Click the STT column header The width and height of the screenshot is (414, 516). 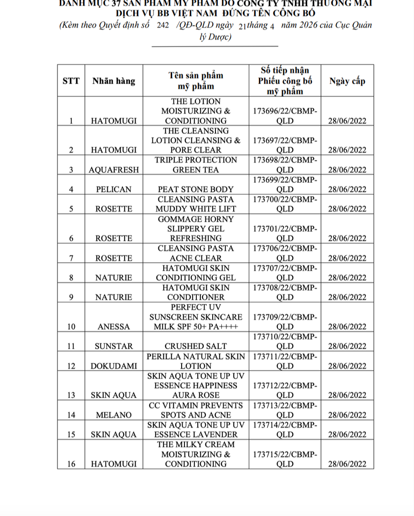click(71, 81)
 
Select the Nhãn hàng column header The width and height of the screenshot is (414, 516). click(114, 81)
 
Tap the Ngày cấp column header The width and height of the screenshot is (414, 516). click(347, 81)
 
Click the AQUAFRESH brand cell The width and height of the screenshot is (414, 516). click(114, 170)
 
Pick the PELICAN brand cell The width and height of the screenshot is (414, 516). click(114, 189)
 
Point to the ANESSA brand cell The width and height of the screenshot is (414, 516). click(114, 327)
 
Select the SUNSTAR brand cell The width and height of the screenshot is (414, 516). click(114, 346)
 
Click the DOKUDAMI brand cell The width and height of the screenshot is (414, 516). click(114, 366)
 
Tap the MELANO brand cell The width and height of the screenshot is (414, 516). click(114, 415)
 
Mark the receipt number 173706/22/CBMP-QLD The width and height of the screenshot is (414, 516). click(285, 253)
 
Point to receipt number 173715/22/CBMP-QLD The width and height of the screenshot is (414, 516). click(285, 459)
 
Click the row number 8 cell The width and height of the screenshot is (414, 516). click(71, 277)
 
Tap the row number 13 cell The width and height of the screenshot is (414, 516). click(71, 395)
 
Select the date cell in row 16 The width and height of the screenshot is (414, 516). click(347, 464)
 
